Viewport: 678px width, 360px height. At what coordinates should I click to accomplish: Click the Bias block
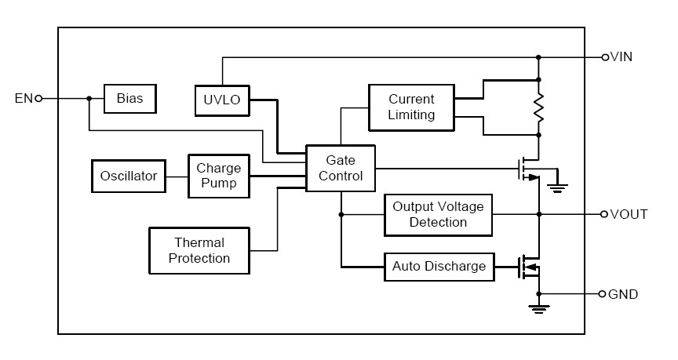coord(129,99)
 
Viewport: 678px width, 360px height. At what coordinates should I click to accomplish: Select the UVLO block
coord(221,100)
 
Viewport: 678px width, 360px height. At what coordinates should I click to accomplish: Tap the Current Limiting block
coord(412,107)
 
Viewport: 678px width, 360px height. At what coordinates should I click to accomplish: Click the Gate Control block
coord(341,168)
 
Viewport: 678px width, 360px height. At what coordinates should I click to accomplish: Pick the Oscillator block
coord(129,176)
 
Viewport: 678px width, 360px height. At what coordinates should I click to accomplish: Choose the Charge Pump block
coord(218,176)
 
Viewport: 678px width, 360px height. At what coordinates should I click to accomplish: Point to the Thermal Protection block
coord(199,250)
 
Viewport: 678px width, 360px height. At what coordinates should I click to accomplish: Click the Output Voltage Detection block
coord(438,214)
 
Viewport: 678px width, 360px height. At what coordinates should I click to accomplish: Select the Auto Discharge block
coord(438,266)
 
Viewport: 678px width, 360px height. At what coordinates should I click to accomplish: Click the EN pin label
coord(24,99)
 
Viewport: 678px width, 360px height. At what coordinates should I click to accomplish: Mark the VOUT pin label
coord(629,214)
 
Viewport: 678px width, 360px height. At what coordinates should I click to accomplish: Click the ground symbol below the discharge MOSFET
coord(539,307)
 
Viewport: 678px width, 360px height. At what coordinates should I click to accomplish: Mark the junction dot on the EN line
coord(89,99)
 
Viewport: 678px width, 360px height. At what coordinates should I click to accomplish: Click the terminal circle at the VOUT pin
coord(604,214)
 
